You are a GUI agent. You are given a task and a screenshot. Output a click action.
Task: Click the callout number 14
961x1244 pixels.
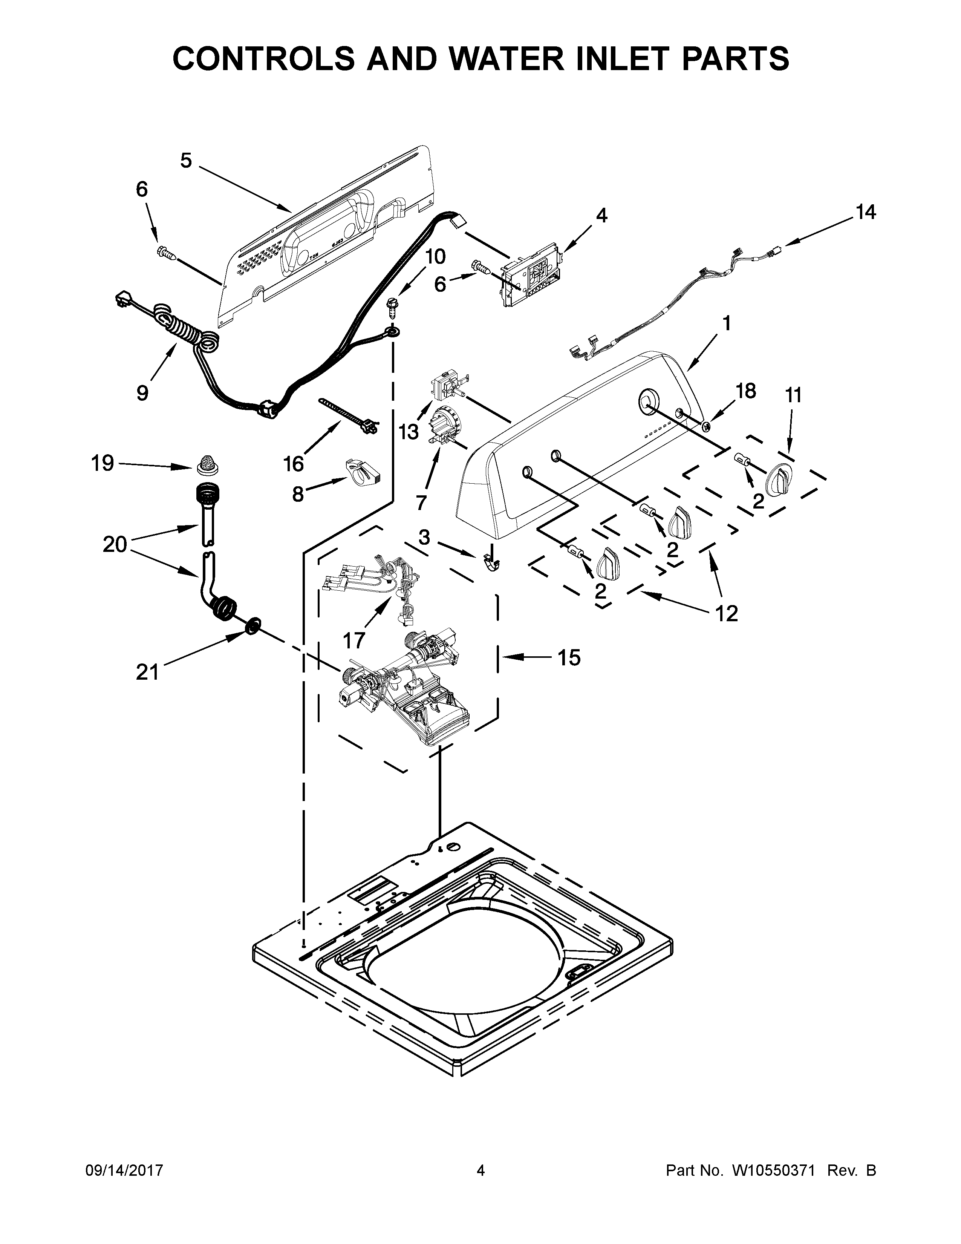(x=865, y=213)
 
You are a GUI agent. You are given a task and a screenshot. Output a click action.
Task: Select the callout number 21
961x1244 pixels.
(x=147, y=672)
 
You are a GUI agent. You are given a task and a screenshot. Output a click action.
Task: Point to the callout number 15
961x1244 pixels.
(x=569, y=657)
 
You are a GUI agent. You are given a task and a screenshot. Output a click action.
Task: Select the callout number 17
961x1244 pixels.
(x=353, y=641)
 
